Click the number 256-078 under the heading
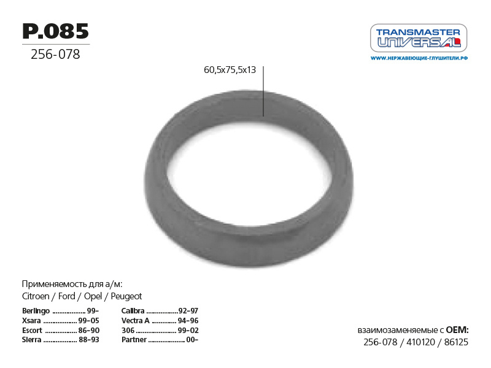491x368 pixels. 55,55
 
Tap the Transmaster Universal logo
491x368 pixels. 419,38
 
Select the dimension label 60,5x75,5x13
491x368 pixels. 230,70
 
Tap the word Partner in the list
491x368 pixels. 134,339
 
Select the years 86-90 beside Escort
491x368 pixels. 89,330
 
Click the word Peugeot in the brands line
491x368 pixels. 126,296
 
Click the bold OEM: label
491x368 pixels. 457,330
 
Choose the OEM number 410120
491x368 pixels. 419,342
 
